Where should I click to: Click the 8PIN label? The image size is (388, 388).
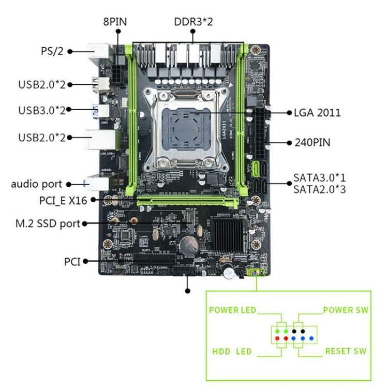[x=114, y=22]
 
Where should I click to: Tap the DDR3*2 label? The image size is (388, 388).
[x=193, y=22]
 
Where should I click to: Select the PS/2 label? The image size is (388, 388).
[x=52, y=51]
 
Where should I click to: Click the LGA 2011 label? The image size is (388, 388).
[x=317, y=112]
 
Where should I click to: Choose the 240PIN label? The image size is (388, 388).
[x=312, y=142]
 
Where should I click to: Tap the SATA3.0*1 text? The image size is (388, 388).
[x=319, y=177]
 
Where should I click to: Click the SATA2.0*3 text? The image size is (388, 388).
[x=319, y=189]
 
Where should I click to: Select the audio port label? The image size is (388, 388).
[x=37, y=184]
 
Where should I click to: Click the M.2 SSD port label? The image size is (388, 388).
[x=48, y=223]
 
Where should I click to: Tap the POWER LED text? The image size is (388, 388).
[x=232, y=310]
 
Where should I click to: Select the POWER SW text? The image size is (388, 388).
[x=346, y=310]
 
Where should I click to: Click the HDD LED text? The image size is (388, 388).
[x=232, y=352]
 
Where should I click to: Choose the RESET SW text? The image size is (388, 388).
[x=346, y=351]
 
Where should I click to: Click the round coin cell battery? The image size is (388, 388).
[x=188, y=243]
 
